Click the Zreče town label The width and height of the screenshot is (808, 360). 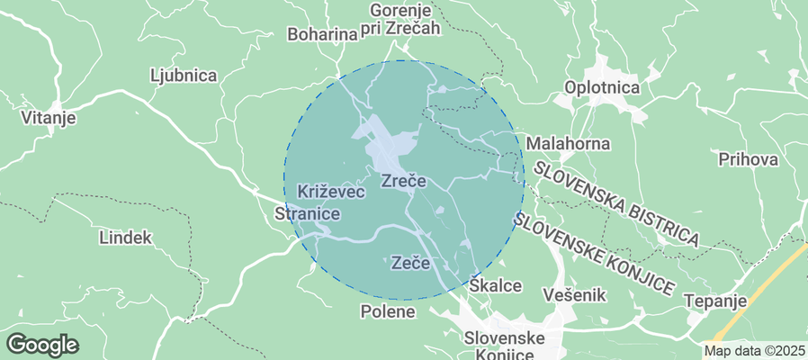click(x=403, y=181)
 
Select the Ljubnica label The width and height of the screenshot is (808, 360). click(x=184, y=76)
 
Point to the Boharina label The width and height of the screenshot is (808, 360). click(x=322, y=34)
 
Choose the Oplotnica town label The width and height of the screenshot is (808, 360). click(x=601, y=88)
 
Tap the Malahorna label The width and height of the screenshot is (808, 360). click(x=568, y=143)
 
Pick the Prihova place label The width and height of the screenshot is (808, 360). click(x=748, y=159)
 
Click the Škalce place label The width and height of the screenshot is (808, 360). click(x=496, y=285)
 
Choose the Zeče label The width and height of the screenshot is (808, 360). click(x=411, y=264)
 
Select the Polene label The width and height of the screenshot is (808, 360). click(x=388, y=312)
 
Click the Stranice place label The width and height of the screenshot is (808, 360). click(x=307, y=214)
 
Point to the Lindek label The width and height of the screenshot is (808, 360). click(x=126, y=238)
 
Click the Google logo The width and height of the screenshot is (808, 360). click(x=42, y=344)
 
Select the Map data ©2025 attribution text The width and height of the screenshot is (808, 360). click(x=754, y=351)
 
